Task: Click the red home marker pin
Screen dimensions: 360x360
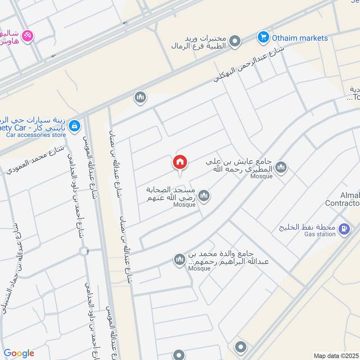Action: click(180, 162)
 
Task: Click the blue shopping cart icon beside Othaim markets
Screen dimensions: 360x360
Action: click(263, 37)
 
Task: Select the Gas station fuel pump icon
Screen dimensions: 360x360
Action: click(344, 229)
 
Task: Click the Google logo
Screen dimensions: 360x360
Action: click(19, 353)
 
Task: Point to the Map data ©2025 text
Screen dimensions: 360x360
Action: click(335, 355)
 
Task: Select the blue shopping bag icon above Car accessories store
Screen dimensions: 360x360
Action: click(76, 125)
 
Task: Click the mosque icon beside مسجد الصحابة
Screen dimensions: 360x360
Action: click(204, 196)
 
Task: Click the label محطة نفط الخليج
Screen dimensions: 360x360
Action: click(307, 226)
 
